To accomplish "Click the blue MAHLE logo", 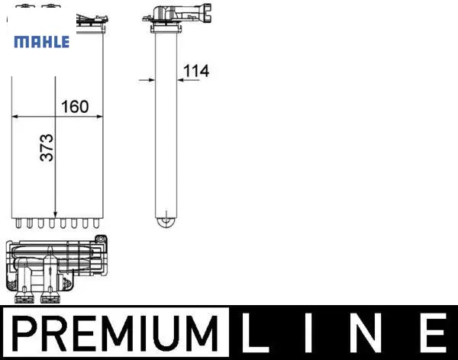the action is [x=42, y=42].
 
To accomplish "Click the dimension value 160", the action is [x=75, y=107].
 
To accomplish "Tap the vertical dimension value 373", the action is [x=47, y=147].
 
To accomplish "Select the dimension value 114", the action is [x=196, y=71].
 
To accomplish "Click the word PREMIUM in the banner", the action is [x=115, y=333].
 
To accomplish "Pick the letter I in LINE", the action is [x=309, y=333].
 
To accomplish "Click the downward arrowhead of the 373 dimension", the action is [x=55, y=214].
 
